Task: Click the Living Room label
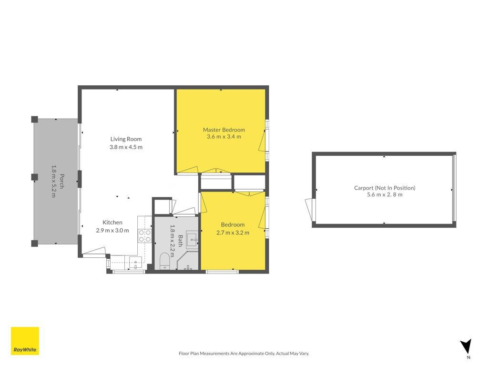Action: pos(126,139)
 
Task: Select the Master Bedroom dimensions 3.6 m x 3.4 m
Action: pos(224,137)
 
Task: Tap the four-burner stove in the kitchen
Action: pos(144,236)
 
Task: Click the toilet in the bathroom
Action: pos(164,261)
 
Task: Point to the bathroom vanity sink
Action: pos(192,239)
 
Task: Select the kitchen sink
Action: pos(135,263)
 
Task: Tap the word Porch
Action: pos(61,182)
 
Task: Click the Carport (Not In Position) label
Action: pos(384,188)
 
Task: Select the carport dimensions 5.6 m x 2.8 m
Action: pos(384,194)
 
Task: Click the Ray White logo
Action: pos(25,341)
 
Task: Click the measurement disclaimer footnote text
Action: pos(244,354)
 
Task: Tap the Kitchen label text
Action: pos(112,223)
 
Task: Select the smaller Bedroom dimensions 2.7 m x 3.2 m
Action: pos(233,233)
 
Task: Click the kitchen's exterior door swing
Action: pos(94,252)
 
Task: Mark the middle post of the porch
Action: pos(34,177)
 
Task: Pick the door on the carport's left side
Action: pos(310,210)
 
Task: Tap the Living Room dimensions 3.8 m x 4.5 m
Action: pos(126,147)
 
